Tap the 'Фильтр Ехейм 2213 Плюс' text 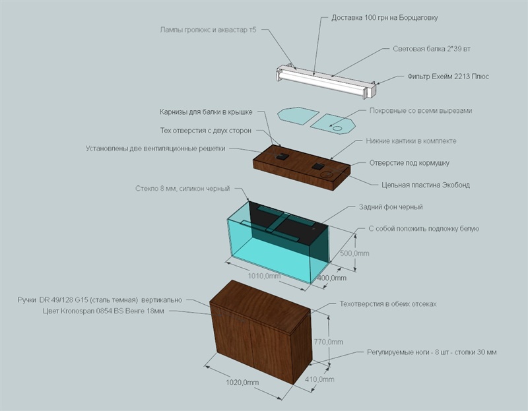(x=447, y=77)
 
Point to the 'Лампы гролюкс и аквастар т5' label (x=208, y=30)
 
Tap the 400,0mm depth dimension (x=331, y=278)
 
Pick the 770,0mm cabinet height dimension (x=328, y=342)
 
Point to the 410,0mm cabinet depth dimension (x=320, y=379)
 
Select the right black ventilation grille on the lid (x=317, y=166)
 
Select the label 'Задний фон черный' (x=391, y=207)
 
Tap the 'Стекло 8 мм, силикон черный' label (x=180, y=189)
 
